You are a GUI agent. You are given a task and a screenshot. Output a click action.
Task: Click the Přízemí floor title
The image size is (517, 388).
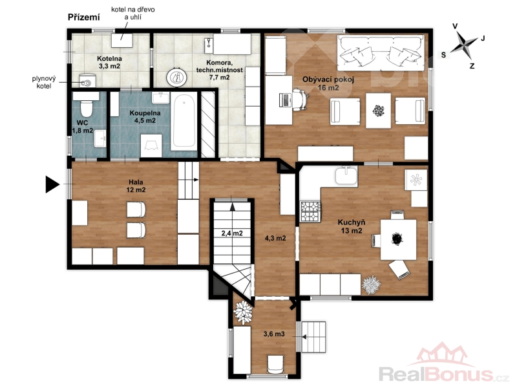click(x=84, y=17)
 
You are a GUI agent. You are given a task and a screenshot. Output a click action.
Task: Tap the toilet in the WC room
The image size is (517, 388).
click(x=87, y=107)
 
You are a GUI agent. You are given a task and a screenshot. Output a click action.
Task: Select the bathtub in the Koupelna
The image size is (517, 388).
click(x=184, y=121)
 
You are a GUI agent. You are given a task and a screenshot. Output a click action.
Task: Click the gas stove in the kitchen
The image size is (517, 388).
click(x=310, y=211)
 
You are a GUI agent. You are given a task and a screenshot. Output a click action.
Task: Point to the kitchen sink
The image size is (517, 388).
click(x=346, y=175)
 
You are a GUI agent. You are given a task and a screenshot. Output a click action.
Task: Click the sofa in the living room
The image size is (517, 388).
click(x=380, y=53)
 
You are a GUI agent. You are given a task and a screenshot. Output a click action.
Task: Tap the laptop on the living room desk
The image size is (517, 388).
click(x=286, y=100)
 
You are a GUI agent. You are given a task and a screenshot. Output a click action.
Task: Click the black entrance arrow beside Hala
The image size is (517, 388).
click(x=52, y=184)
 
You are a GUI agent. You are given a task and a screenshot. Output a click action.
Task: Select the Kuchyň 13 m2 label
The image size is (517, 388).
click(x=352, y=226)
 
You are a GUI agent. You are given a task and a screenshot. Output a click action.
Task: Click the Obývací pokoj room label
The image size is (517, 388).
click(x=328, y=79)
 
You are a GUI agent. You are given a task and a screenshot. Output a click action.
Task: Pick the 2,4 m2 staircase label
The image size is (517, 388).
click(x=232, y=233)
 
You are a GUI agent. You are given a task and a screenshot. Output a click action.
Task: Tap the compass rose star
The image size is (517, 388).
click(x=463, y=45)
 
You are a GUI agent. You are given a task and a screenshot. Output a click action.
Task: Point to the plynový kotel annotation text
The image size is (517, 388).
click(x=44, y=83)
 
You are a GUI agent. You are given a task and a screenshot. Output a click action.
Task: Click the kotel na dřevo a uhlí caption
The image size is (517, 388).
click(x=133, y=13)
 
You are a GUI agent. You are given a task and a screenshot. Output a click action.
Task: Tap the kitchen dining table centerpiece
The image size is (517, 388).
click(x=397, y=239)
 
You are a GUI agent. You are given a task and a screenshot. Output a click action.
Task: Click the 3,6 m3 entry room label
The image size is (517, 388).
click(x=273, y=334)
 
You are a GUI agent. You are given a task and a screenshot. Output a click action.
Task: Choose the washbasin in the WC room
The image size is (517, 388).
click(x=100, y=138)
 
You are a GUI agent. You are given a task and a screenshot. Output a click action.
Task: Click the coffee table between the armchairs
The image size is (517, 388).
click(x=378, y=111)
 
